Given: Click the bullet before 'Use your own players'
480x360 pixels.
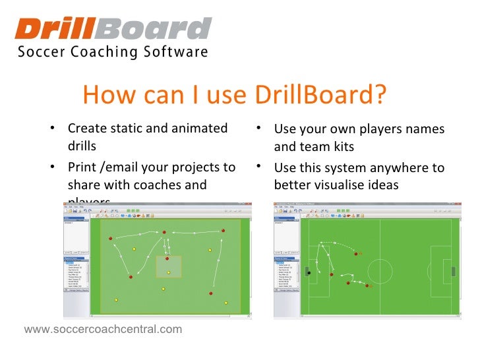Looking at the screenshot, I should point(260,128).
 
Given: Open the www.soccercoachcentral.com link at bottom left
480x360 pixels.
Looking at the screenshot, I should point(103,328).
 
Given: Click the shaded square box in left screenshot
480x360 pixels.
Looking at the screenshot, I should point(168,267).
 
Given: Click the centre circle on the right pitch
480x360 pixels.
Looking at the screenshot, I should point(380,272).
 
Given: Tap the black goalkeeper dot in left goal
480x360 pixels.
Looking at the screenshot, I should point(308,272).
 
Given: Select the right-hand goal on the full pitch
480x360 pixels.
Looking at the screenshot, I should point(452,272).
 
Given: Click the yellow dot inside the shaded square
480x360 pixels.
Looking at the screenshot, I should point(168,272).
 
